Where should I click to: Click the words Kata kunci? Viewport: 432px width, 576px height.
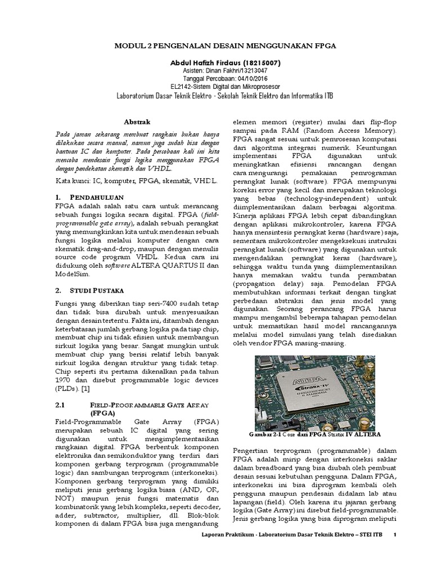tap(73, 181)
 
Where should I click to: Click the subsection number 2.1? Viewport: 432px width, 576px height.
tap(61, 403)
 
